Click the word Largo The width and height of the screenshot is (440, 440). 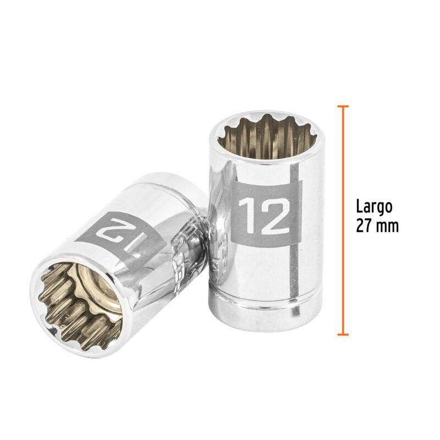(x=374, y=207)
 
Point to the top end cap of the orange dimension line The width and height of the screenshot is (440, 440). (x=343, y=106)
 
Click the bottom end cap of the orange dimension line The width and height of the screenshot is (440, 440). (x=343, y=334)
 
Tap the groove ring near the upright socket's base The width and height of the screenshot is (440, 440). (x=266, y=300)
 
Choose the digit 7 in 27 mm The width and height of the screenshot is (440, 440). (x=370, y=226)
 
